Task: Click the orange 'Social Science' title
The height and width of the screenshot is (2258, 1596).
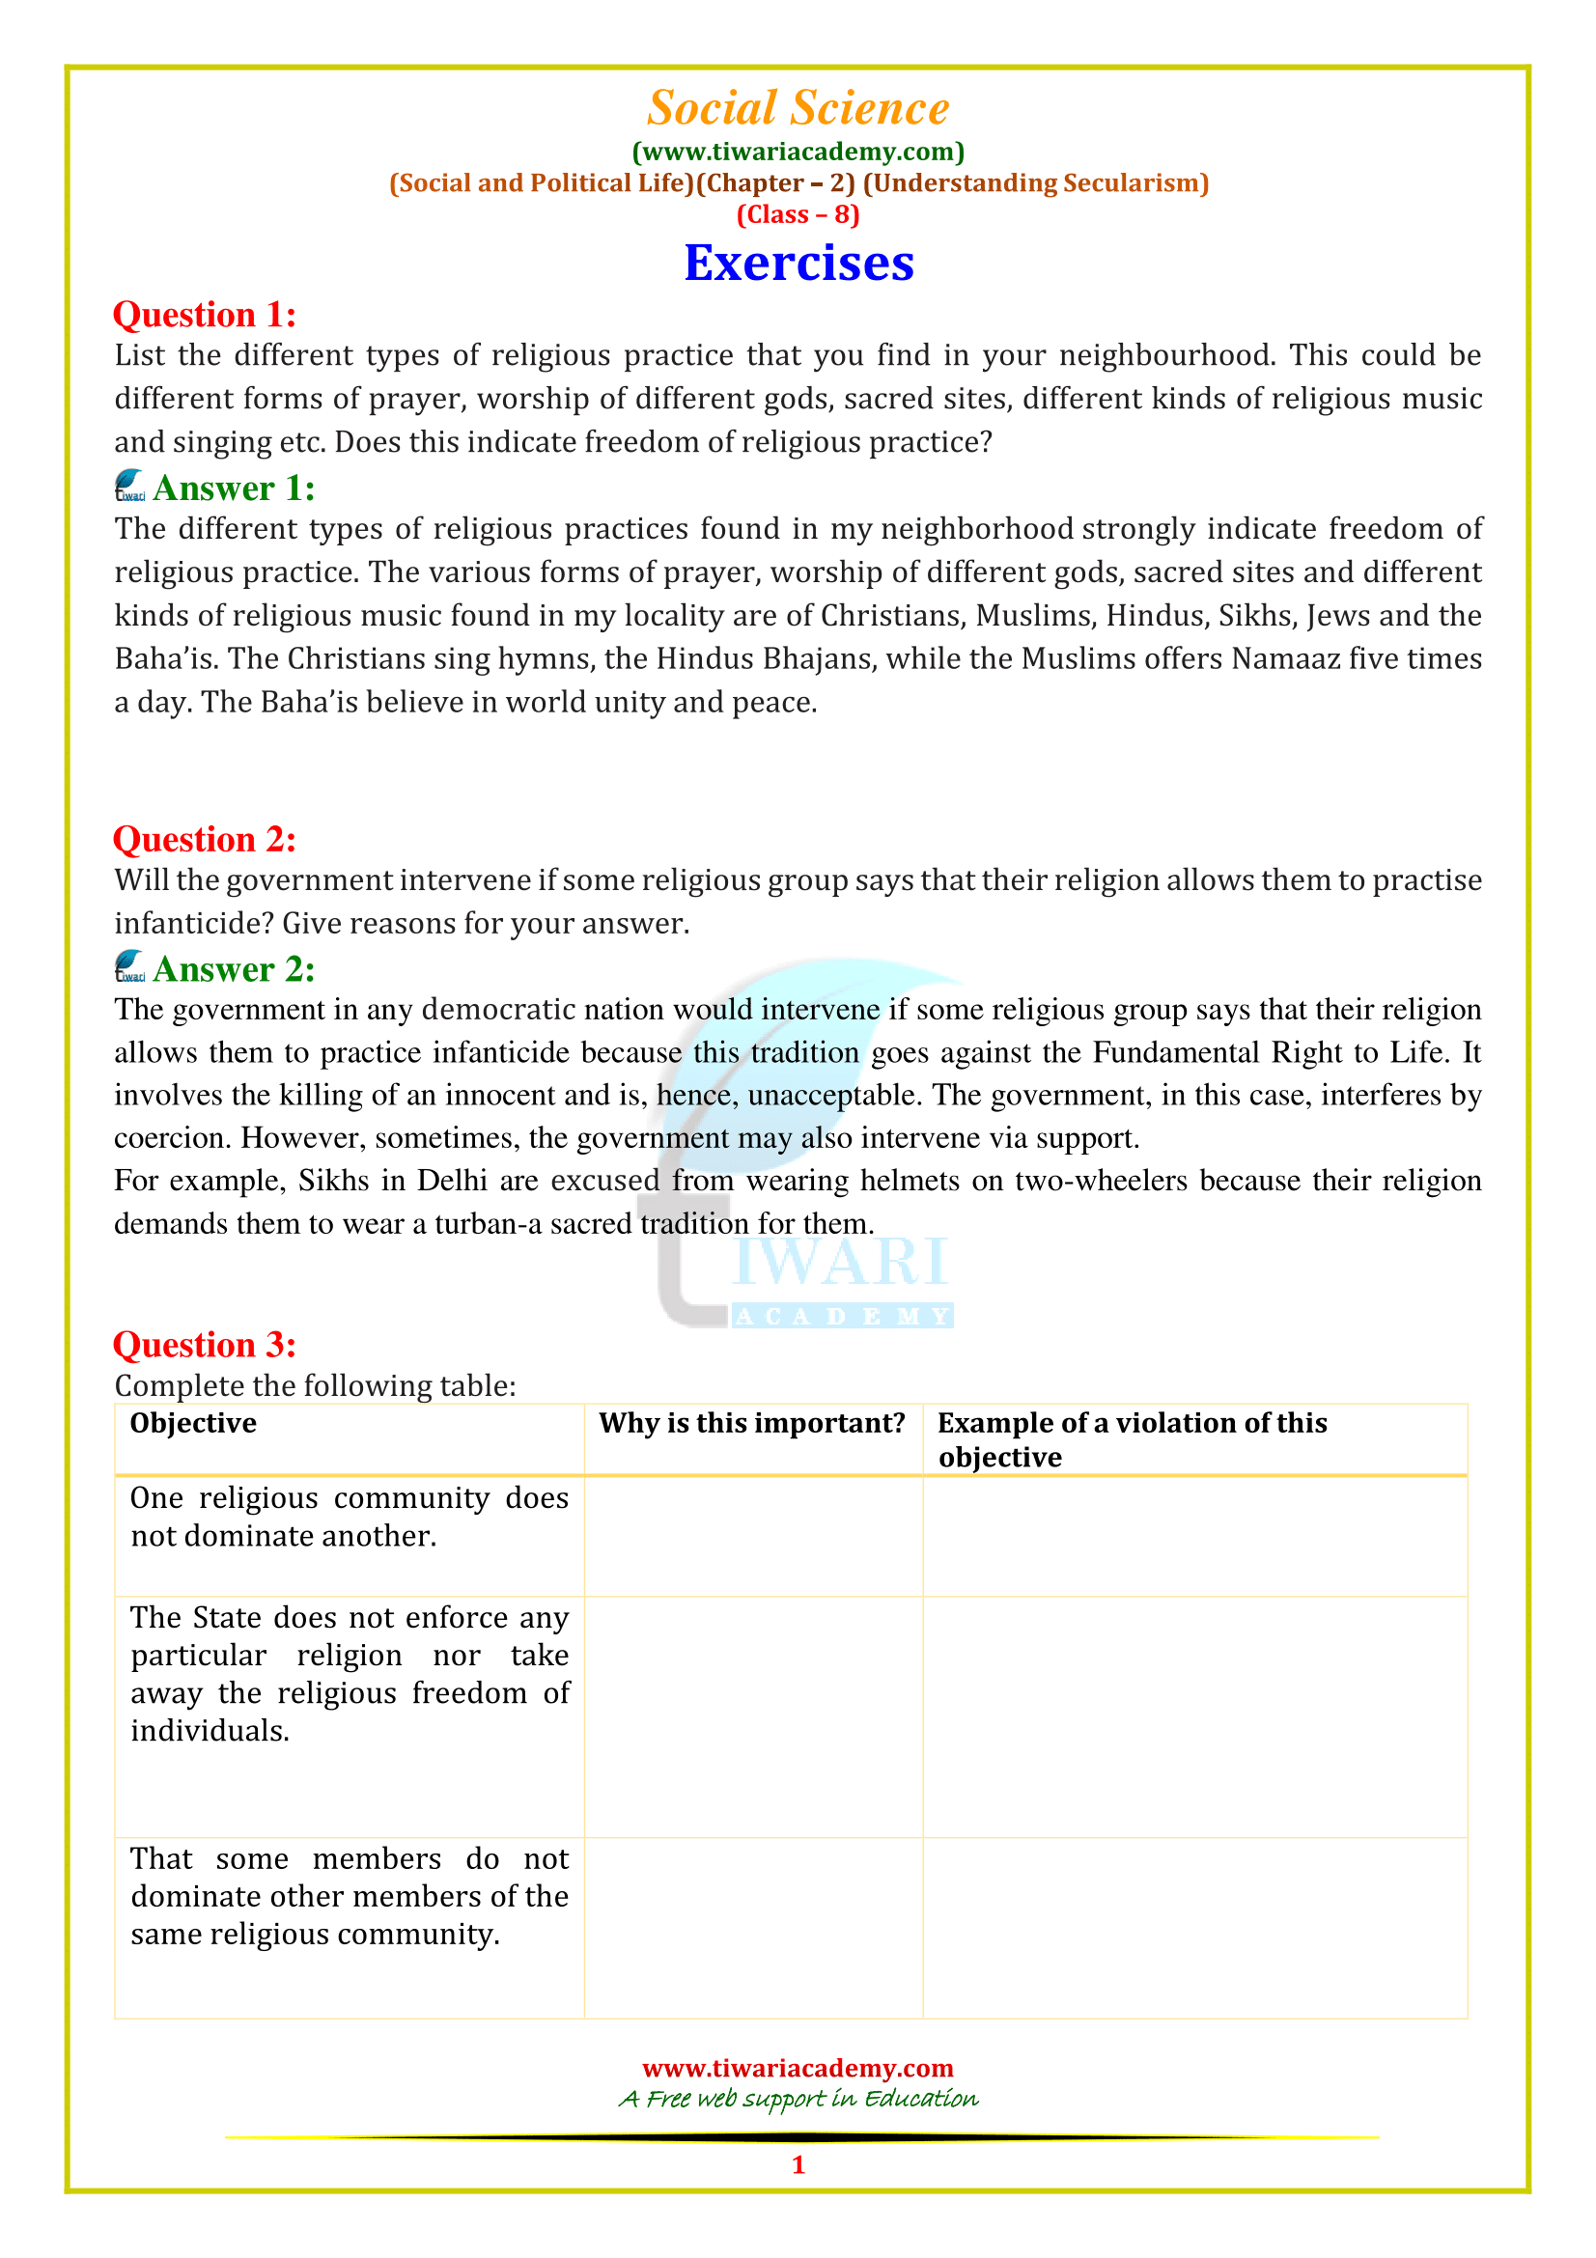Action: (798, 108)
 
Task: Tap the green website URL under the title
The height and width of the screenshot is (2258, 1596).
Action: (798, 152)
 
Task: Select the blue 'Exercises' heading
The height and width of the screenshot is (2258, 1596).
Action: (798, 264)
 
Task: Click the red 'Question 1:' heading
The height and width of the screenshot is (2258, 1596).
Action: (205, 315)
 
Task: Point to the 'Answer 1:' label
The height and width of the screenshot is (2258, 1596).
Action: (234, 488)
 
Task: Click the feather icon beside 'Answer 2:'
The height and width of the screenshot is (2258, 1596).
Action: (129, 966)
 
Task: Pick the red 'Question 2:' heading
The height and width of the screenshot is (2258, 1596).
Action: (205, 840)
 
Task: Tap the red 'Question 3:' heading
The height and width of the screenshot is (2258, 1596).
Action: (205, 1345)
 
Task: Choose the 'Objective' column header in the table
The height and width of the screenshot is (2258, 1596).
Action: (194, 1423)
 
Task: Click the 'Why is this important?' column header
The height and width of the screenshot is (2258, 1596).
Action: (752, 1423)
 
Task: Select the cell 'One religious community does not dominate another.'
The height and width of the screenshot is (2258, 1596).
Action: (350, 1517)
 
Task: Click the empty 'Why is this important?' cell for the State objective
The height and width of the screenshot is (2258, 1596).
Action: (753, 1715)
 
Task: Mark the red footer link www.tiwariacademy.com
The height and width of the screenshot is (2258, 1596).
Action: (798, 2068)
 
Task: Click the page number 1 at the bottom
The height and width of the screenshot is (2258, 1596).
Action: (798, 2164)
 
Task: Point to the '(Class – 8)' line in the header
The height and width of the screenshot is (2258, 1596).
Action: (798, 214)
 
